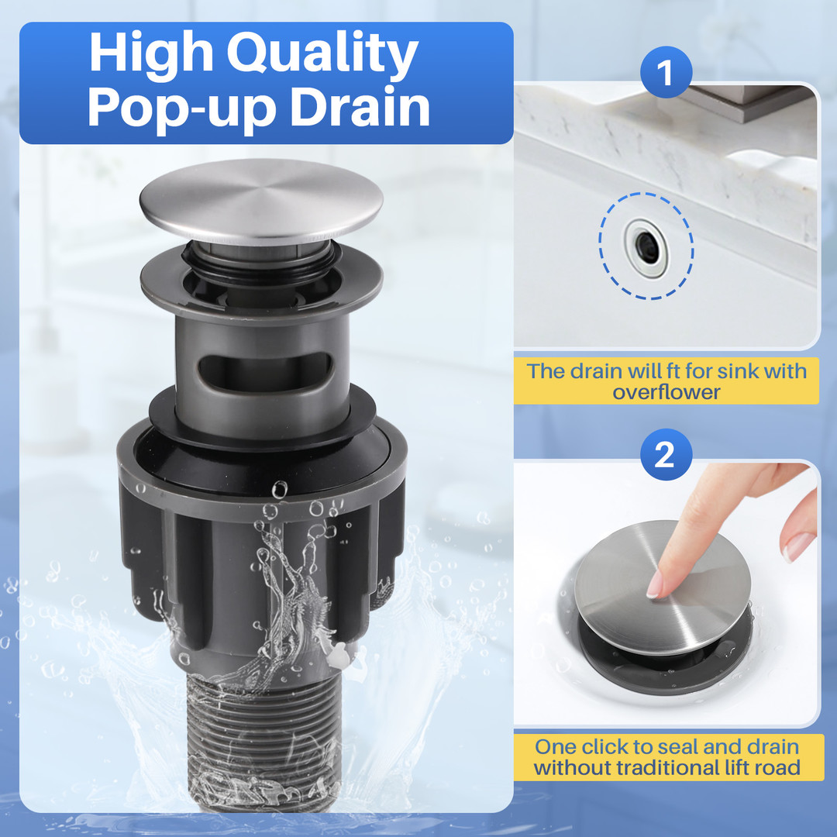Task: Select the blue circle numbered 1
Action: (x=666, y=72)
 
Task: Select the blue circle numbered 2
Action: (x=666, y=455)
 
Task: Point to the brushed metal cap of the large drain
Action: (x=261, y=201)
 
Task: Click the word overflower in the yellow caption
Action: (x=666, y=392)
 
